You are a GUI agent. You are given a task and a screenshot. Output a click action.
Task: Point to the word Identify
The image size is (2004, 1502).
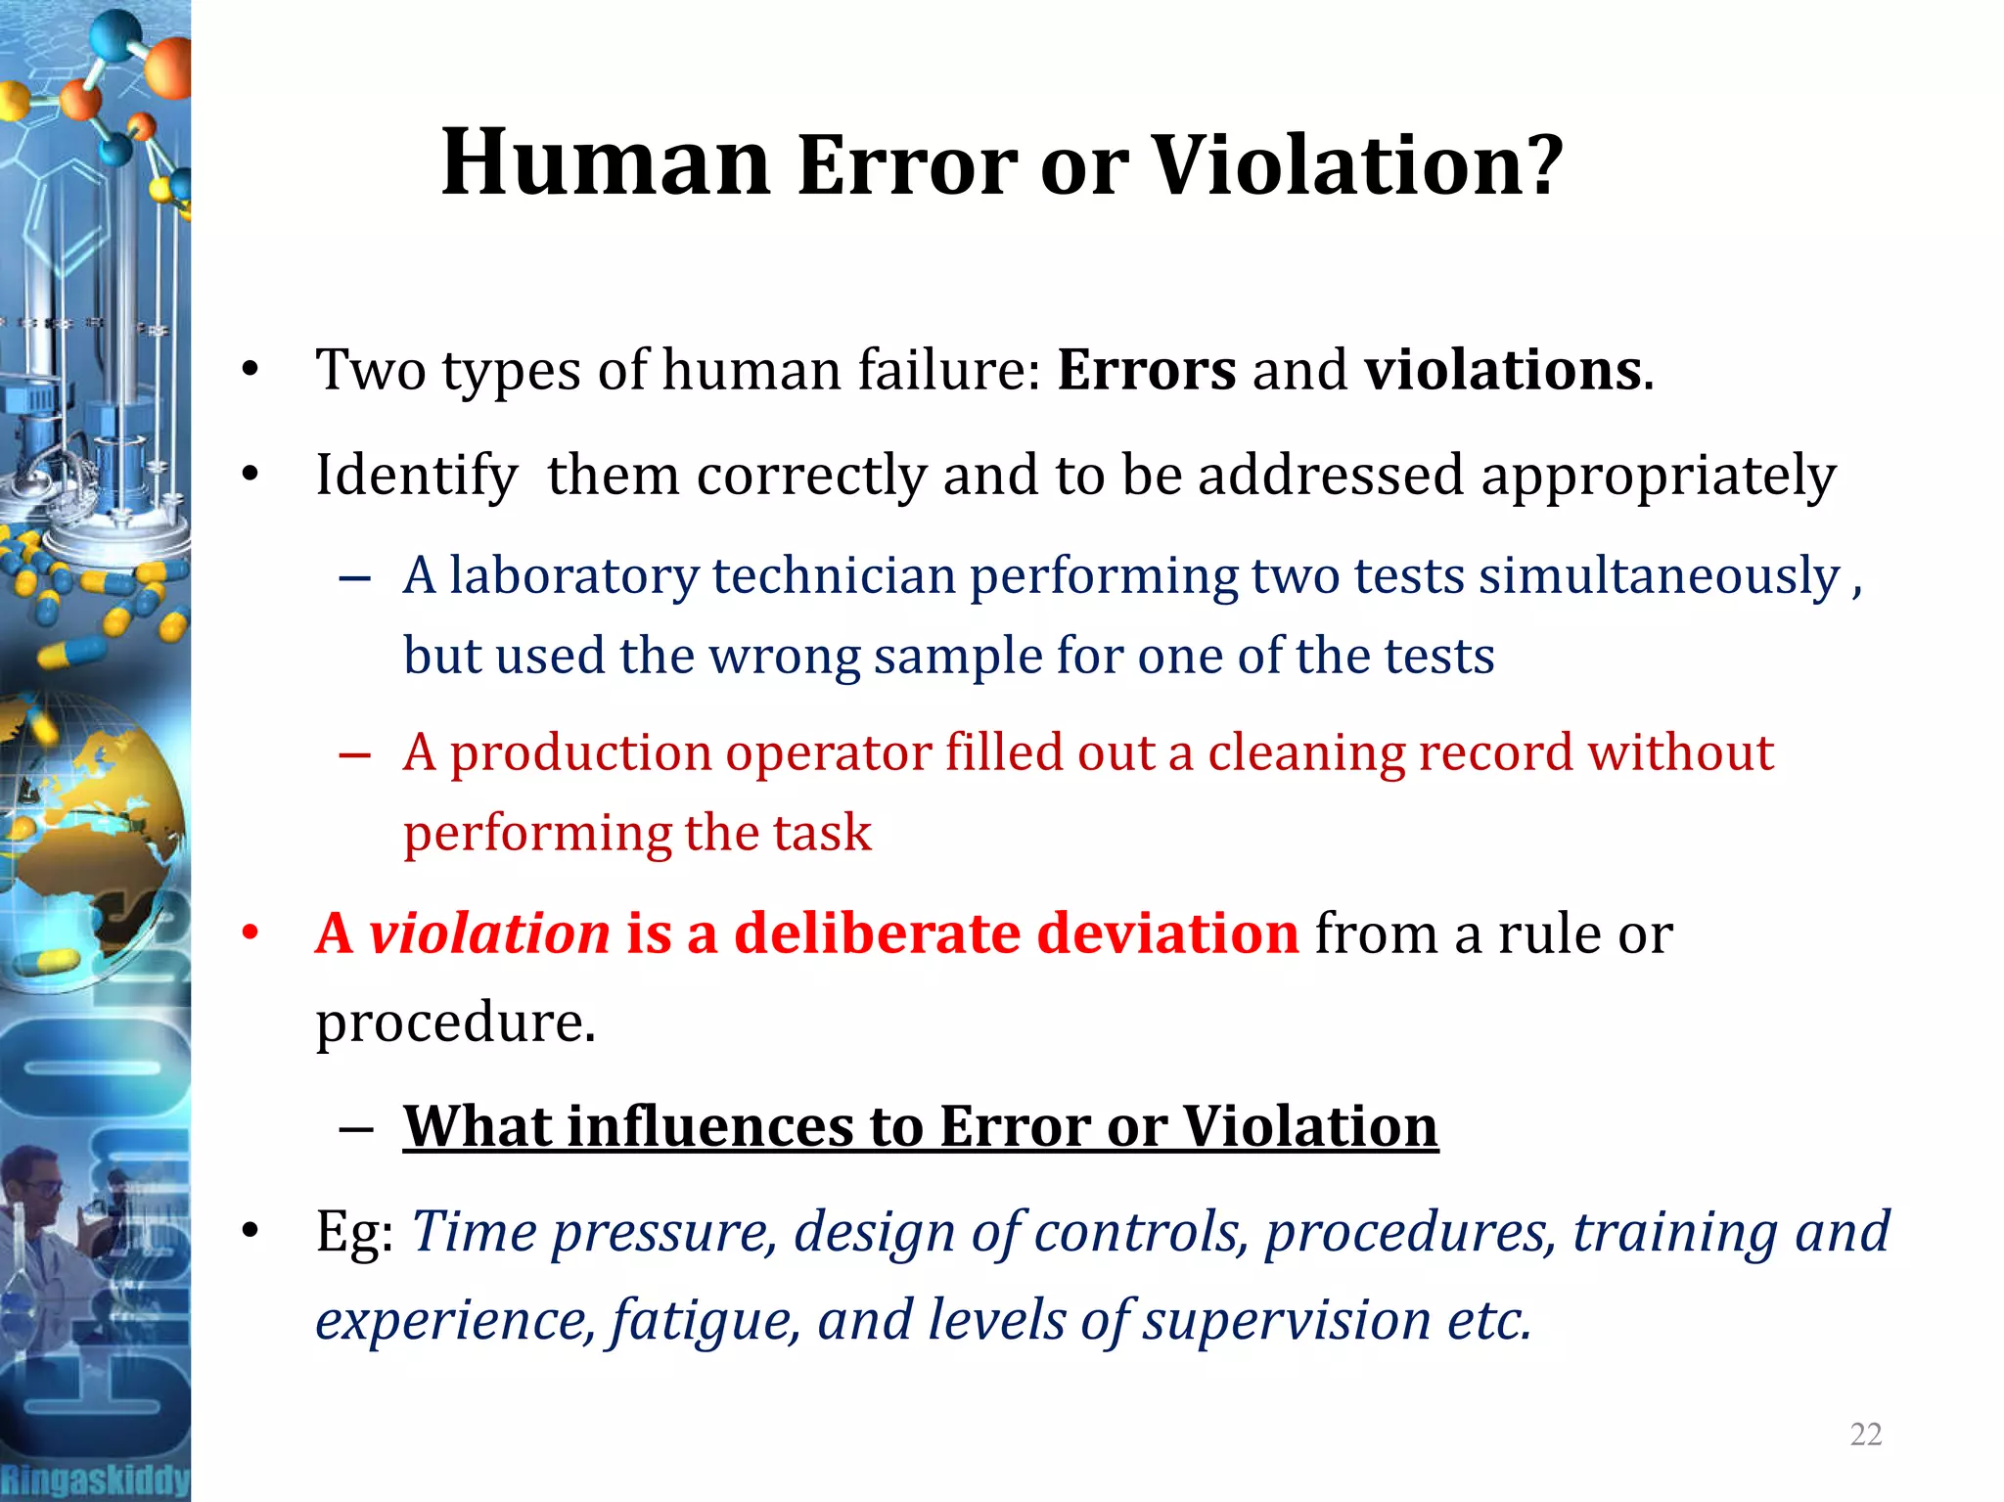pyautogui.click(x=416, y=477)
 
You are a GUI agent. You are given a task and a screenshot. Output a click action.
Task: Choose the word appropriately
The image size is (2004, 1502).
pyautogui.click(x=1658, y=477)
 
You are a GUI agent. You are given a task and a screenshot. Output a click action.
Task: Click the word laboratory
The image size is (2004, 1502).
pyautogui.click(x=573, y=575)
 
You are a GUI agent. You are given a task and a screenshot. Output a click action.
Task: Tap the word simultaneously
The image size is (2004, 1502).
pyautogui.click(x=1660, y=575)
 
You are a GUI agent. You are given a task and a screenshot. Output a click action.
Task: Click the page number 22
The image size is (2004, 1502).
pyautogui.click(x=1865, y=1434)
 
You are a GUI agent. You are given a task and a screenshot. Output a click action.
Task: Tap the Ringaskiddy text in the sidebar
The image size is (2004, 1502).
pyautogui.click(x=95, y=1479)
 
